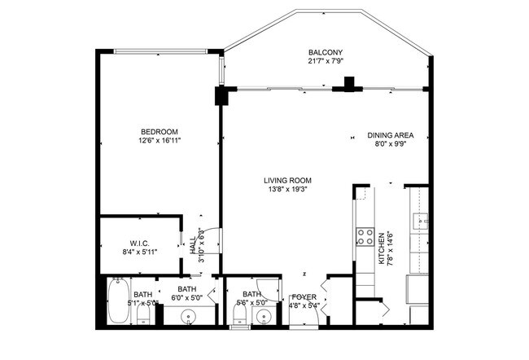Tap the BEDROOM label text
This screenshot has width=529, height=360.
coord(159,132)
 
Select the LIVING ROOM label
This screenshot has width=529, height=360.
coord(287,181)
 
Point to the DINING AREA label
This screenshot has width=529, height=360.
coord(391,135)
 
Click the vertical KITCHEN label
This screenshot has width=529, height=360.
coord(381,249)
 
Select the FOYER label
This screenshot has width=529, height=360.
coord(304,296)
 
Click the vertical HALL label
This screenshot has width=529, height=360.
coord(193,245)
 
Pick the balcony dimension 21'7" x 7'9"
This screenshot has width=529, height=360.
coord(325,61)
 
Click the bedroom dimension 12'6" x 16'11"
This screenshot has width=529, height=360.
coord(159,141)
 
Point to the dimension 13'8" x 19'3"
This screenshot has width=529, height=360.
coord(287,190)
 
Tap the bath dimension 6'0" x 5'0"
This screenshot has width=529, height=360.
coord(187,298)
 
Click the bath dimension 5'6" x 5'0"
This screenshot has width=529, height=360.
coord(251,303)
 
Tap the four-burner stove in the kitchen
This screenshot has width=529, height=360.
coord(361,237)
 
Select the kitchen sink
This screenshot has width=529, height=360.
coord(422,221)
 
